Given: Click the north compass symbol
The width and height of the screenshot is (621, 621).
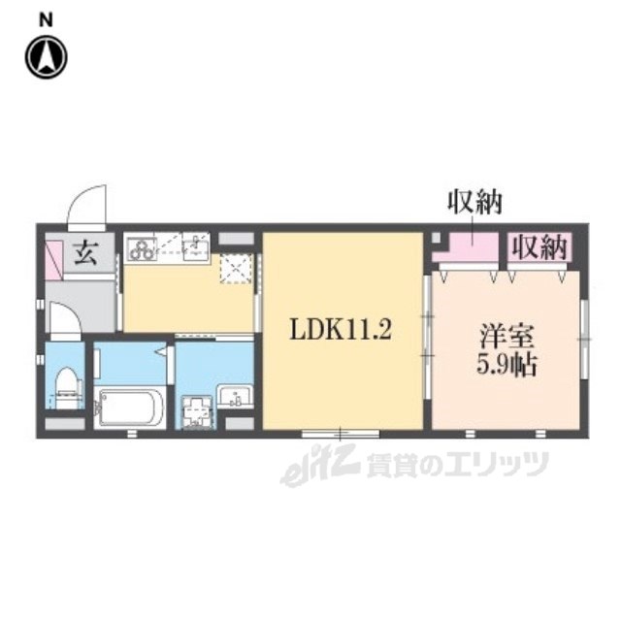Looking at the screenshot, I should coord(47,56).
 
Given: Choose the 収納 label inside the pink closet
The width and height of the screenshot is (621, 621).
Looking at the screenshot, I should coord(539,247).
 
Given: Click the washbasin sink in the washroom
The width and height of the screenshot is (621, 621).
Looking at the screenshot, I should coord(237,396).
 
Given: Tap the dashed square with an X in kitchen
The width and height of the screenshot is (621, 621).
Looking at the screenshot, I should coord(235,269).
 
